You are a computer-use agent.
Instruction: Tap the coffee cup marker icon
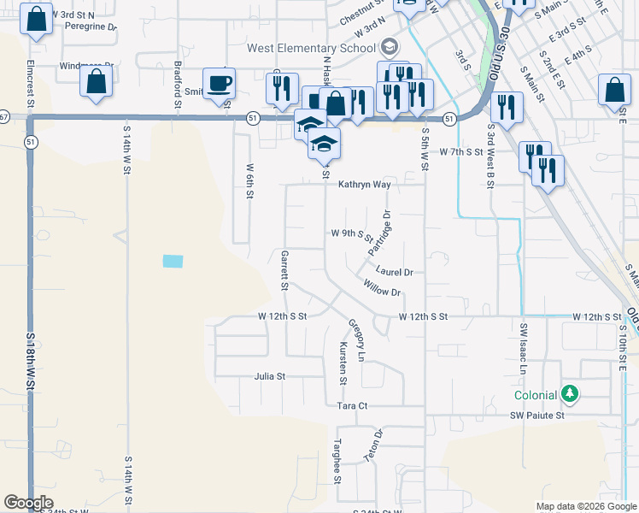(220, 83)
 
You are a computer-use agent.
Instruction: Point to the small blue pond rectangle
(173, 261)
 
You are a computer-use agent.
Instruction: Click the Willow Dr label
(381, 287)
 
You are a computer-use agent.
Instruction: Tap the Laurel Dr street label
(396, 272)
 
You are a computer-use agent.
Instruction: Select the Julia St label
(269, 375)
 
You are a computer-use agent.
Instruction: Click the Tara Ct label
(351, 406)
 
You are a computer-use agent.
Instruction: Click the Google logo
(28, 502)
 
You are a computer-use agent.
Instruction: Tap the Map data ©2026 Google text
(587, 506)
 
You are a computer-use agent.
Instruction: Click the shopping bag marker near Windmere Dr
(97, 82)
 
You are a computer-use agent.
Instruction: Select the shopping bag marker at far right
(614, 90)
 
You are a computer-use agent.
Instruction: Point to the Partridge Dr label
(380, 233)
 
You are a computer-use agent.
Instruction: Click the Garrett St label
(284, 268)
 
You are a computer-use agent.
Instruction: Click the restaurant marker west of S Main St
(507, 107)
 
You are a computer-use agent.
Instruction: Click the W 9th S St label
(352, 233)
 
